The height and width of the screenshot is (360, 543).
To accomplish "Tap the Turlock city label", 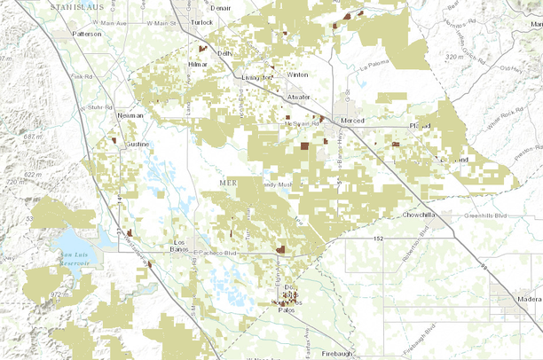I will [202, 20].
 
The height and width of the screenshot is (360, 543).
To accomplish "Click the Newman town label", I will [131, 115].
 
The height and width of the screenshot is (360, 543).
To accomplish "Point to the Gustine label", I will [137, 144].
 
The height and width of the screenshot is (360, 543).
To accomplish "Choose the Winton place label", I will [297, 75].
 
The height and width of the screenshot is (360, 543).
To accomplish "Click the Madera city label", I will [523, 301].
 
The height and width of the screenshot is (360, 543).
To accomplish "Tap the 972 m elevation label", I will [60, 293].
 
